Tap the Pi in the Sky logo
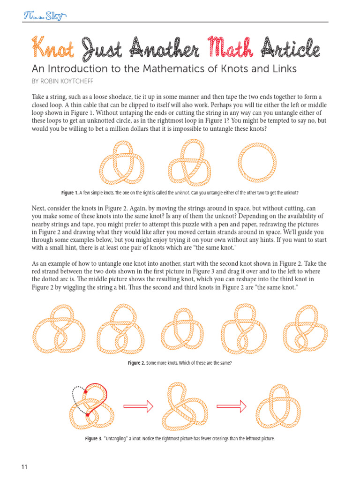click(x=45, y=16)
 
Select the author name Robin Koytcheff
click(x=70, y=81)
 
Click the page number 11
click(x=25, y=466)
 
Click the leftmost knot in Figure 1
click(x=121, y=163)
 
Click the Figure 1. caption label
click(x=70, y=193)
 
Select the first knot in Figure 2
click(x=59, y=329)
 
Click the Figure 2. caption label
click(x=136, y=363)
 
